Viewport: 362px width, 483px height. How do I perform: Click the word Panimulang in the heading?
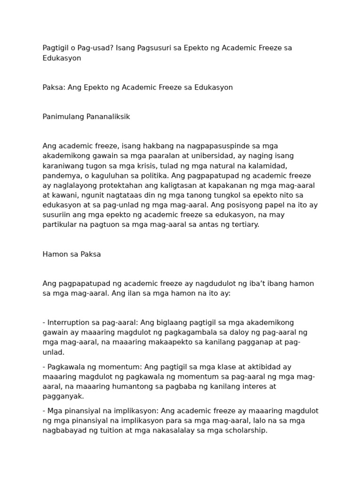63,117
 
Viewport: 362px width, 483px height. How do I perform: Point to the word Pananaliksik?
107,117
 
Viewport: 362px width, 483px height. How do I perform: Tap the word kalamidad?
270,166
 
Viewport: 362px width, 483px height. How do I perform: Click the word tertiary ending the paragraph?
244,225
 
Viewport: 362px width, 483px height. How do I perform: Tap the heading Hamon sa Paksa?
72,255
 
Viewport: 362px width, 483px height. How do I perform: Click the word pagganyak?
63,396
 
